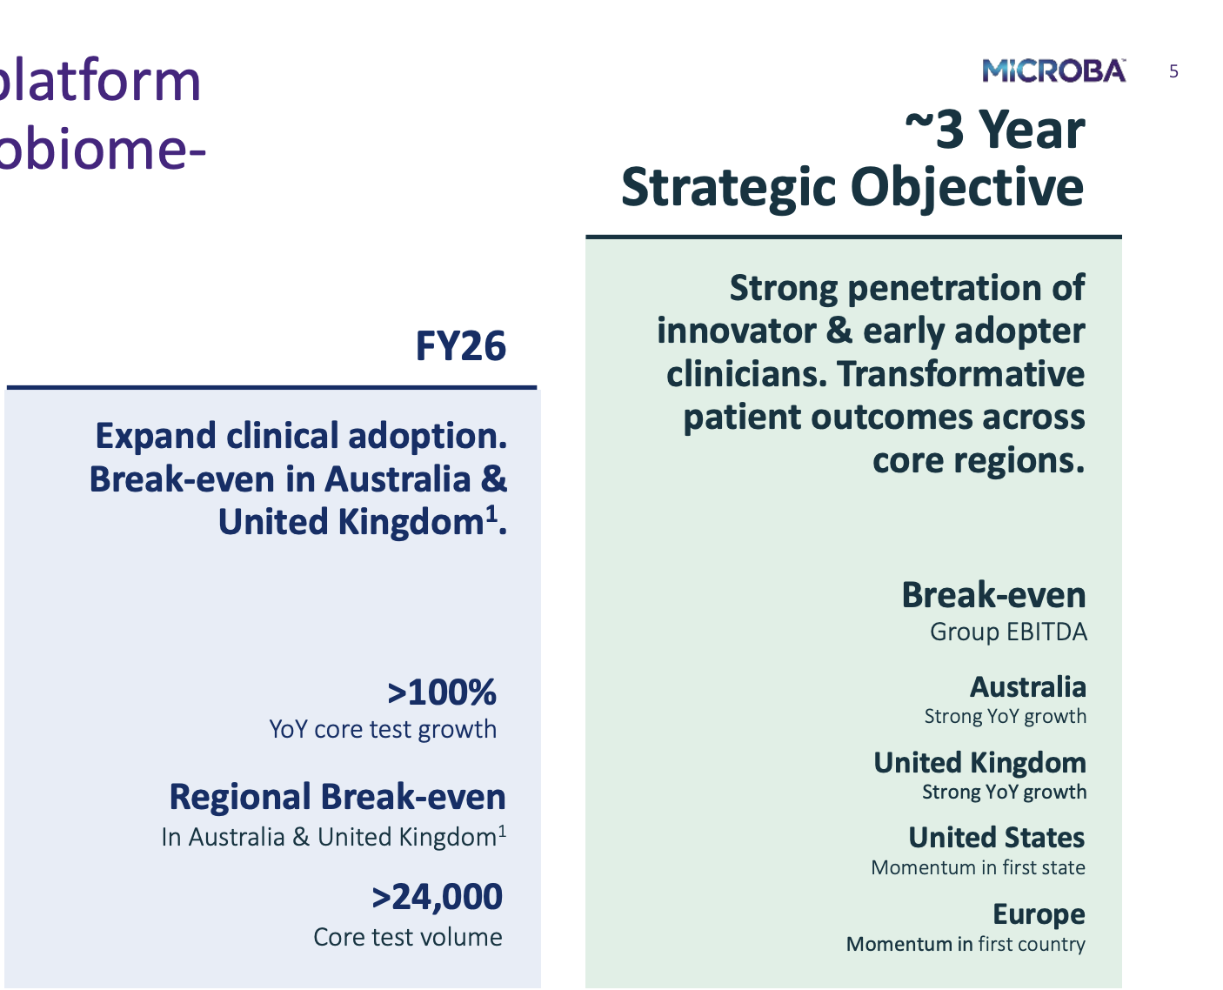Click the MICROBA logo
tap(1053, 70)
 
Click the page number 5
tap(1173, 72)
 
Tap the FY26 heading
tap(460, 346)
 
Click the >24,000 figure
tap(437, 896)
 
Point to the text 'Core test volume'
tap(408, 937)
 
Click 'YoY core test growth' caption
tap(383, 730)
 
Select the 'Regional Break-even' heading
tap(337, 797)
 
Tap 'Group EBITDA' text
tap(1008, 632)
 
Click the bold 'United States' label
tap(997, 837)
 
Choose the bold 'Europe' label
tap(1039, 914)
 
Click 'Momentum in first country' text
tap(966, 944)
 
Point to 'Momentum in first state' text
tap(979, 867)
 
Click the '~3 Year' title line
tap(995, 130)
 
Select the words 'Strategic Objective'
tap(852, 188)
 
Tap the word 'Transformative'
tap(961, 374)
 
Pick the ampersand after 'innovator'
tap(839, 331)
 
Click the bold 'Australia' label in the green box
tap(1028, 686)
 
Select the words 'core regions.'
tap(979, 460)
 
